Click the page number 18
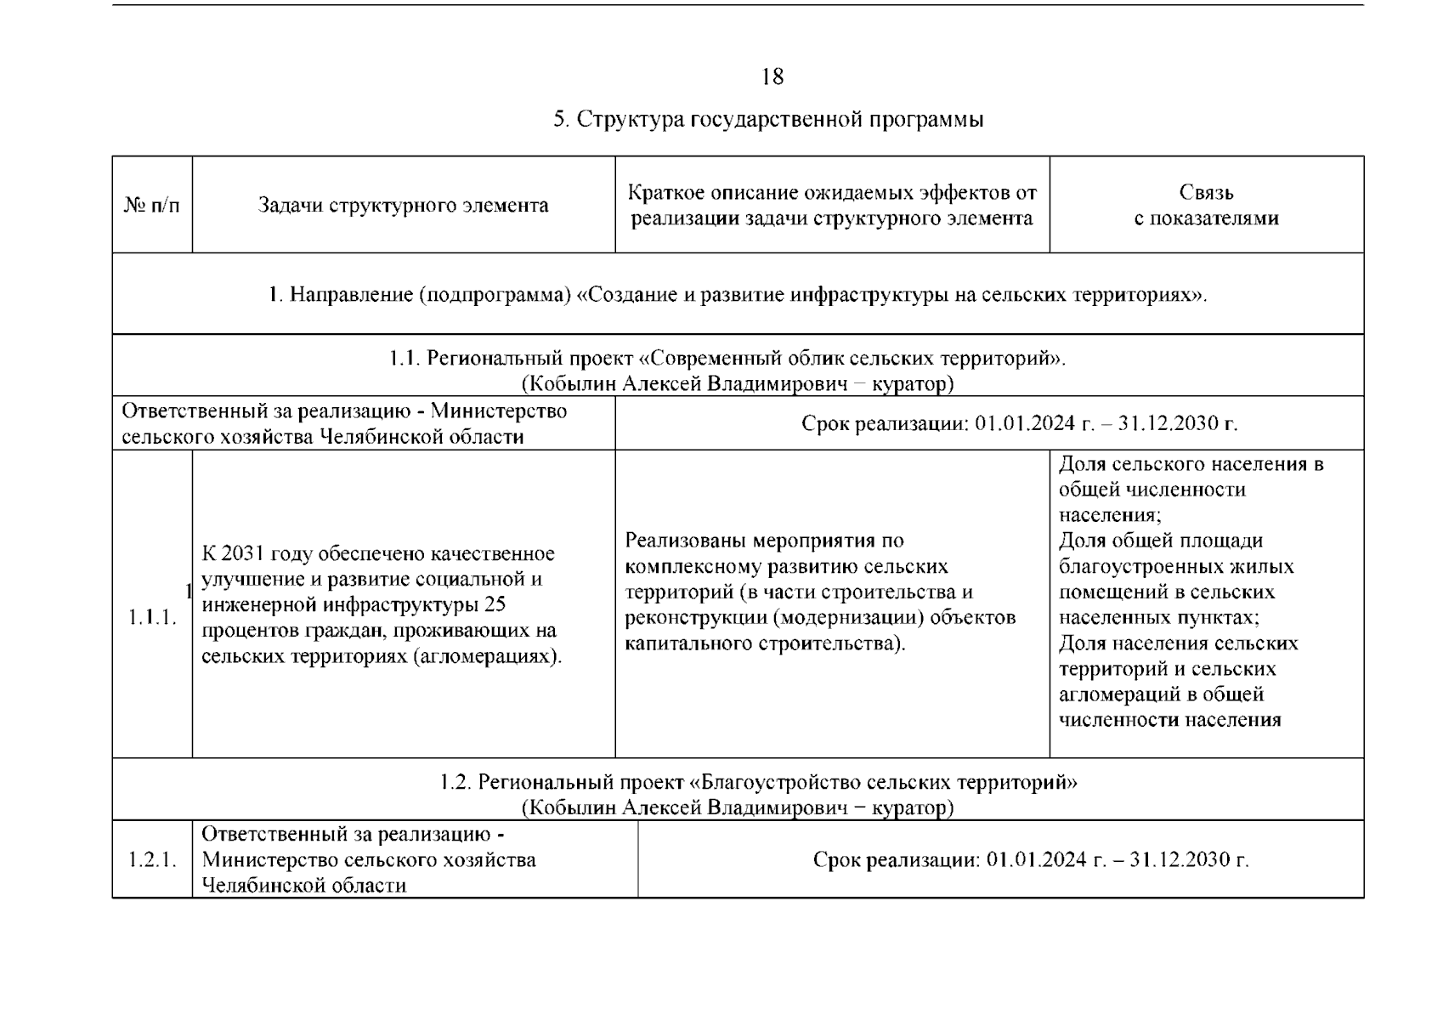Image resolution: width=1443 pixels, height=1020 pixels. coord(772,77)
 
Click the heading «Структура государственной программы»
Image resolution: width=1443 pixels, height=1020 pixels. coord(779,119)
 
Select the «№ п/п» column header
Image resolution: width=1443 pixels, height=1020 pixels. coord(152,206)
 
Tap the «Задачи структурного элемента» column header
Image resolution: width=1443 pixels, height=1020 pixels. coord(403,206)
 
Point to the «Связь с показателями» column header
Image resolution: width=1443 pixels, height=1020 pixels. coord(1206,206)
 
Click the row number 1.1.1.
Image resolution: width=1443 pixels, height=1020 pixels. coord(152,617)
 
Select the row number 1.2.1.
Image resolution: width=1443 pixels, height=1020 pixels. coord(152,859)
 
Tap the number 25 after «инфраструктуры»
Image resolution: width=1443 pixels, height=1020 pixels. coord(494,605)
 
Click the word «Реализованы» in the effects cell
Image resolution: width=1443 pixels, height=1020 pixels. coord(686,541)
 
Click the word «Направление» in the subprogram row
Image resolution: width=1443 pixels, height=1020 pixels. coord(350,295)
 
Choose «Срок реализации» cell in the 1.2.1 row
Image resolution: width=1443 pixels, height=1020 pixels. coord(1030,859)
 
